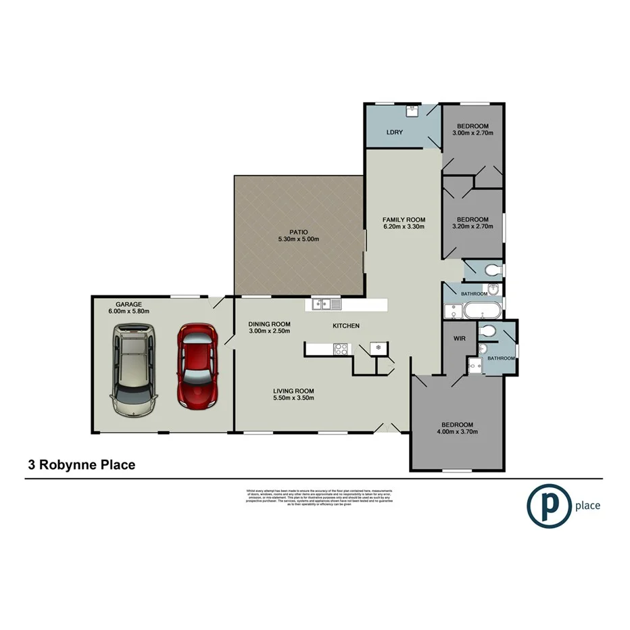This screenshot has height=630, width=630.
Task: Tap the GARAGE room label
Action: click(x=128, y=304)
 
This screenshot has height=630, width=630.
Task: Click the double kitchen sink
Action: click(x=326, y=305)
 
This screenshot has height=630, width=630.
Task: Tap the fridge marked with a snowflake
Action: click(x=379, y=347)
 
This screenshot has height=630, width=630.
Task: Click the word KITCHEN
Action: click(x=346, y=326)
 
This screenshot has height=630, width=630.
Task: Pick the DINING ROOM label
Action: click(x=269, y=324)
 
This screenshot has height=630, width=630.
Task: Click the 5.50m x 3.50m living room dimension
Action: click(x=293, y=399)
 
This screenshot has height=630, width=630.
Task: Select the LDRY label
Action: click(x=394, y=132)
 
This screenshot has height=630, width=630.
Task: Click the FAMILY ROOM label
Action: click(x=404, y=220)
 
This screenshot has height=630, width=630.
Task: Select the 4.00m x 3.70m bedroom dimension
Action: click(x=456, y=433)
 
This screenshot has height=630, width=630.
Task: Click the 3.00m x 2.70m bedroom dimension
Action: click(x=472, y=133)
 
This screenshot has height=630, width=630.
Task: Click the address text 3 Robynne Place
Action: click(x=81, y=465)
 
